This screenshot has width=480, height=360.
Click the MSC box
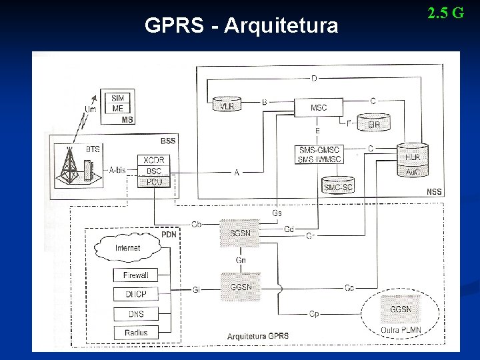pyautogui.click(x=319, y=107)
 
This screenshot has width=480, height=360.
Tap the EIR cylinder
pyautogui.click(x=373, y=123)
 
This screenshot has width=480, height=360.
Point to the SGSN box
pyautogui.click(x=240, y=233)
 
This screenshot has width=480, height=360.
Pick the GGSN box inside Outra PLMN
pyautogui.click(x=400, y=309)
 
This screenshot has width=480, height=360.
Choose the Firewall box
pyautogui.click(x=136, y=275)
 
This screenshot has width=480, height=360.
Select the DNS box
pyautogui.click(x=136, y=313)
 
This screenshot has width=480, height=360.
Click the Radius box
pyautogui.click(x=136, y=332)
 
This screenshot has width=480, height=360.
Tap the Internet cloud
pyautogui.click(x=128, y=247)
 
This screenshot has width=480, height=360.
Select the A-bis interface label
pyautogui.click(x=117, y=170)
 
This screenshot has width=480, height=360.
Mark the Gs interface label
pyautogui.click(x=277, y=213)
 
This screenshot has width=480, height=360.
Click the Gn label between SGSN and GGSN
pyautogui.click(x=241, y=260)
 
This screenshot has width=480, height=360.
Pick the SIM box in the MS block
pyautogui.click(x=118, y=98)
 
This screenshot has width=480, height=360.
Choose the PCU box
pyautogui.click(x=153, y=181)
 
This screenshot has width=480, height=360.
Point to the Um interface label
pyautogui.click(x=91, y=109)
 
